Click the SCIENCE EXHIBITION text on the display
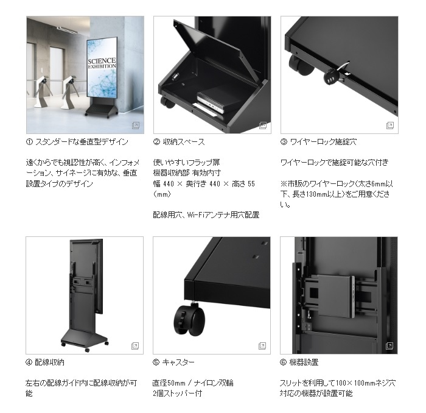(x=102, y=63)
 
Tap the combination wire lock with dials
(x=332, y=76)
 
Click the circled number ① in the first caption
(x=29, y=142)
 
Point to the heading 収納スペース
(x=184, y=142)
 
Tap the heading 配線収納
(x=49, y=362)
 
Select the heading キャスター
(x=178, y=362)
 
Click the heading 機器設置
(x=304, y=362)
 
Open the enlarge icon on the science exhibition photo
(x=135, y=125)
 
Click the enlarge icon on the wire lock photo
(x=390, y=125)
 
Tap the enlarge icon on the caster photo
(x=262, y=346)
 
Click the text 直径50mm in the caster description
(x=169, y=383)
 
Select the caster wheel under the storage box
(x=167, y=102)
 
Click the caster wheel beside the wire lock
(x=301, y=65)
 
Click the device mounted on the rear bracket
(x=336, y=296)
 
